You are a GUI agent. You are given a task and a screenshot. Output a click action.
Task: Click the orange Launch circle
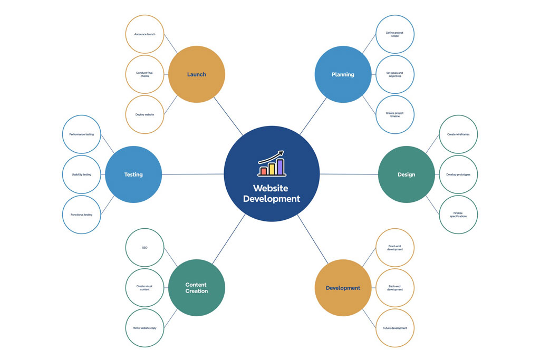pos(197,74)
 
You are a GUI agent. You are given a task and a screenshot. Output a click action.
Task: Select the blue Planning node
pos(343,74)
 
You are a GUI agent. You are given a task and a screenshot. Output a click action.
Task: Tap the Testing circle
pos(133,174)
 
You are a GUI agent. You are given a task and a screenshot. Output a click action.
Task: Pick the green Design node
pos(407,174)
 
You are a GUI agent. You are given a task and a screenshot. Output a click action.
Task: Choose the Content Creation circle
pos(197,288)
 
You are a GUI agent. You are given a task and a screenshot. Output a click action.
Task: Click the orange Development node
pos(343,288)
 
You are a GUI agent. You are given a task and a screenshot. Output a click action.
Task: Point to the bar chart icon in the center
pos(272,163)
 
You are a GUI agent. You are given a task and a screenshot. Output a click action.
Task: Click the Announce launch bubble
pos(144,34)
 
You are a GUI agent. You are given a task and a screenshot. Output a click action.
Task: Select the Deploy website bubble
pos(144,114)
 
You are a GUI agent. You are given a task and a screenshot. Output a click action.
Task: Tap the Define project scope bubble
pos(394,34)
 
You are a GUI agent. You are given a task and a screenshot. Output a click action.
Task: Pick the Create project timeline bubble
pos(394,114)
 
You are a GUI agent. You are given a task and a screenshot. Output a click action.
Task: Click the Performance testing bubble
pos(82,134)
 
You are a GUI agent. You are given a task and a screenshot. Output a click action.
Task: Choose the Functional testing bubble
pos(82,215)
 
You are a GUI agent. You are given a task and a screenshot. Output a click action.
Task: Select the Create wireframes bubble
pos(458,134)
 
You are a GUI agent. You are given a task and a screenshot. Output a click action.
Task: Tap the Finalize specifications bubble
pos(458,215)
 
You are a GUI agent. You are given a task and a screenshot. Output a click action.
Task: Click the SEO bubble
pos(144,247)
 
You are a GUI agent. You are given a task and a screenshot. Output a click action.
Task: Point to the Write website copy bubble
pos(144,328)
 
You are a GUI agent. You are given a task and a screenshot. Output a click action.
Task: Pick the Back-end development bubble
pos(394,288)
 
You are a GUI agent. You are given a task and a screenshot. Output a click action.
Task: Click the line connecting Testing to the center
pos(193,174)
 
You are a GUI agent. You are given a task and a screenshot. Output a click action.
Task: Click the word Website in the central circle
pos(271,188)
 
